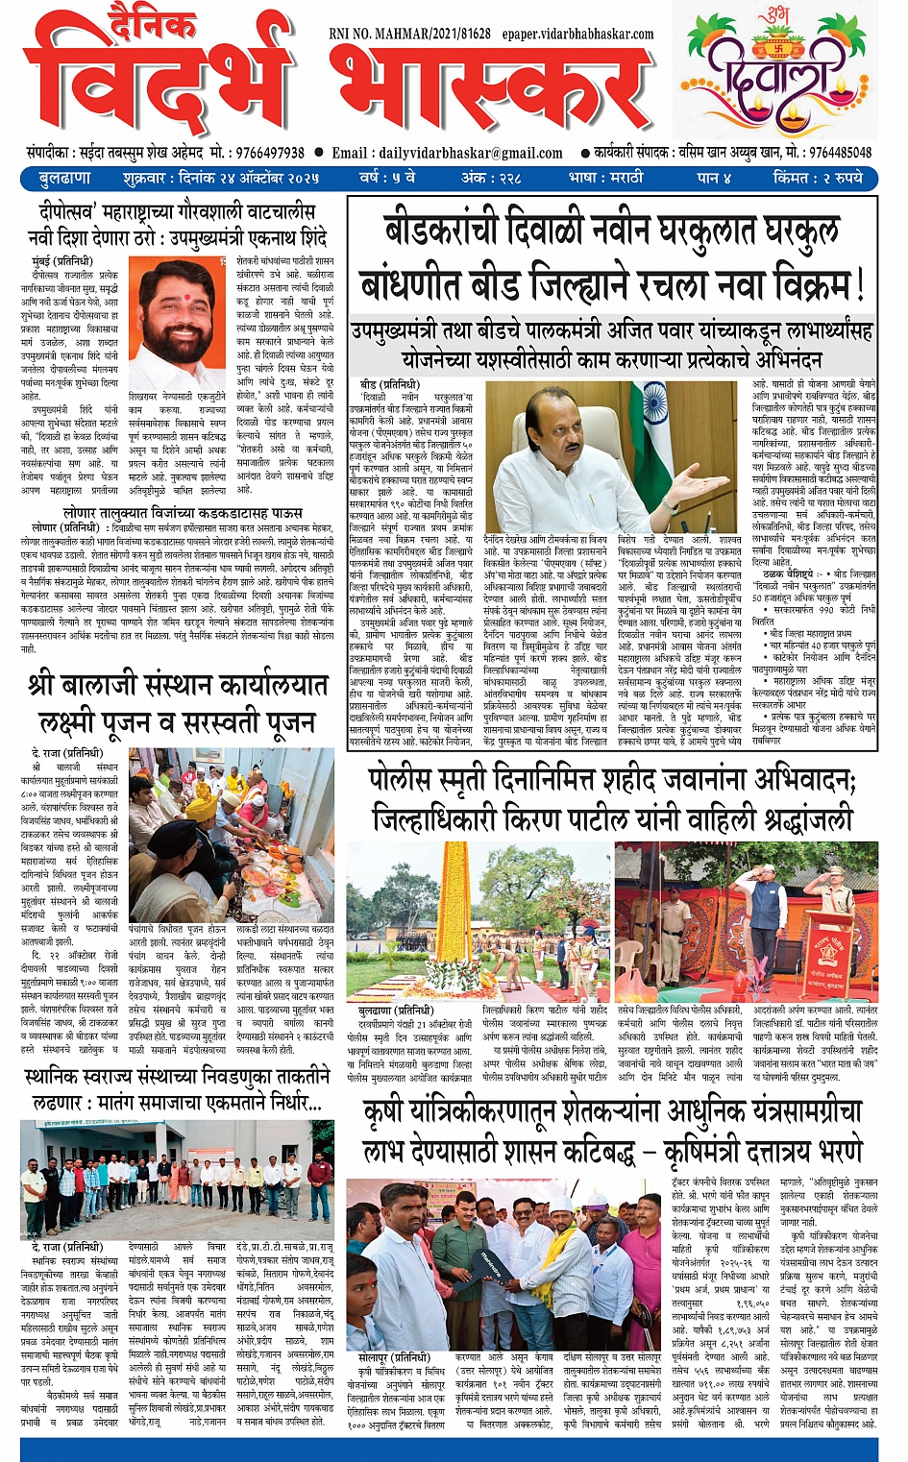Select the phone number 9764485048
point(840,153)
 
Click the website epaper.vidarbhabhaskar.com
point(577,34)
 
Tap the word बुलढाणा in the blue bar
point(64,179)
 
